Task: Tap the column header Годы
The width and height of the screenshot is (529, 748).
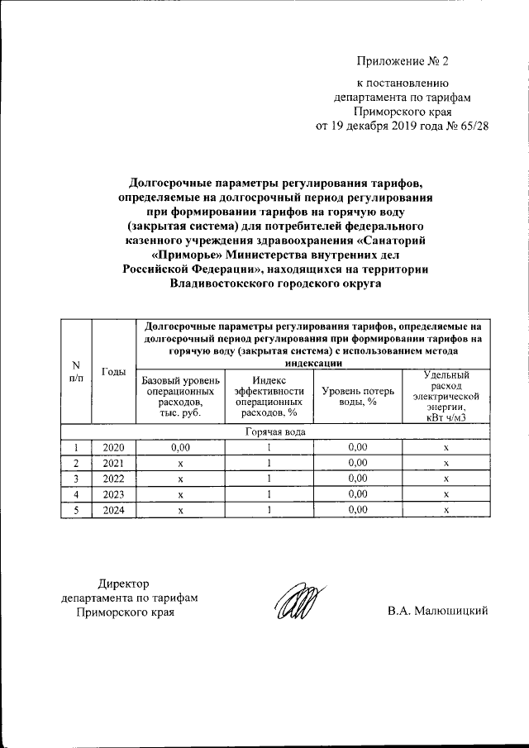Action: (113, 372)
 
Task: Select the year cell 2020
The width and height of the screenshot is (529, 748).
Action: (113, 447)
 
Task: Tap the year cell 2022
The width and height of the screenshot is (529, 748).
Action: (113, 479)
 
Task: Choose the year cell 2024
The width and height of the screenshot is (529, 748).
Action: (113, 510)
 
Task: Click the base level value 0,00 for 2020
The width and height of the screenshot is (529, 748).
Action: (179, 447)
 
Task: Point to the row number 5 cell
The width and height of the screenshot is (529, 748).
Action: (76, 510)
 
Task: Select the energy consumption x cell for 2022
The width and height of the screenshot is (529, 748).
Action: (446, 479)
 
